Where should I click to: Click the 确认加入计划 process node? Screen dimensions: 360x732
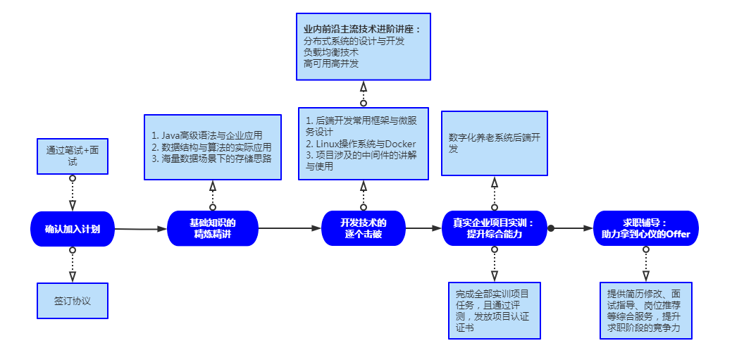[72, 229]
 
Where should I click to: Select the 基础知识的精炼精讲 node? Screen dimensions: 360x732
[213, 228]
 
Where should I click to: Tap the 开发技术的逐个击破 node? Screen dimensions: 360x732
[364, 228]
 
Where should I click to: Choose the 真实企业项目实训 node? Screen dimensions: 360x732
[494, 228]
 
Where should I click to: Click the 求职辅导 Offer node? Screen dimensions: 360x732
[645, 228]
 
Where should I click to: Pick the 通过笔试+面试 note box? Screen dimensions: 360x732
[72, 156]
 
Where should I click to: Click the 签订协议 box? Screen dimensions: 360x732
[72, 301]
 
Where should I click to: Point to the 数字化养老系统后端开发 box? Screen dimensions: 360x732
[494, 143]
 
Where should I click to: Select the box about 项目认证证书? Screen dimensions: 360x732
[494, 311]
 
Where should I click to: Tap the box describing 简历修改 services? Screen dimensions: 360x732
[645, 311]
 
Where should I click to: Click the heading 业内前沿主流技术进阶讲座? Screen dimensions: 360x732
[361, 30]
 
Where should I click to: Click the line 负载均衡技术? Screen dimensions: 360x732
[331, 52]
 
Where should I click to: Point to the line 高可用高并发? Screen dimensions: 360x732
[331, 63]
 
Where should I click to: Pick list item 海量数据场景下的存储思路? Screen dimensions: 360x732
[211, 159]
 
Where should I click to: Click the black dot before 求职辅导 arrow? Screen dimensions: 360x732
[552, 228]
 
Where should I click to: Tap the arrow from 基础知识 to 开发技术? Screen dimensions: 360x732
[289, 228]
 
